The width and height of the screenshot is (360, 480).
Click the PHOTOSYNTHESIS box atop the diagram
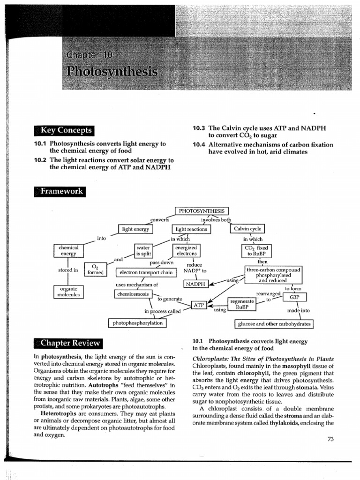(x=202, y=211)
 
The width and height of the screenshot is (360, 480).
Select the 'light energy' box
(x=136, y=229)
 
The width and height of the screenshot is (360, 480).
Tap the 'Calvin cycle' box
(x=247, y=229)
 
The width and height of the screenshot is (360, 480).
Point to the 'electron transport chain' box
(x=146, y=272)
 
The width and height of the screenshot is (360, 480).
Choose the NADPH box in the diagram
(x=197, y=284)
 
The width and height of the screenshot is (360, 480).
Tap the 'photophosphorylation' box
(x=137, y=323)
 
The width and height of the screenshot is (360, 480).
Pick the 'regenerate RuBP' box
(x=242, y=304)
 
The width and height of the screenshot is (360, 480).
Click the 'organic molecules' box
(x=68, y=292)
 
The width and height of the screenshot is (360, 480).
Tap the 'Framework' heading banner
(x=60, y=191)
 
